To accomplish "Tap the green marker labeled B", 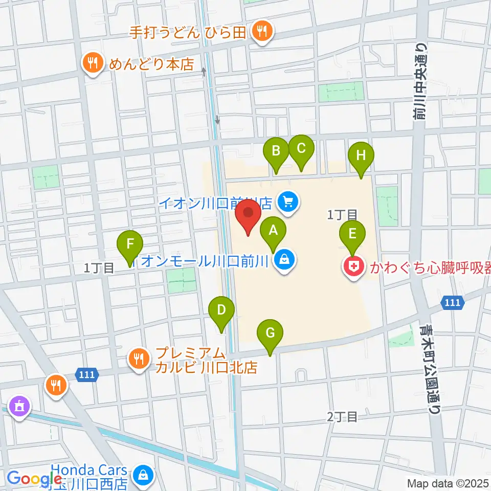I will (276, 150).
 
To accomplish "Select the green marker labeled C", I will (301, 148).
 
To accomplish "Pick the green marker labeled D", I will (221, 310).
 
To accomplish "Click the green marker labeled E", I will (352, 234).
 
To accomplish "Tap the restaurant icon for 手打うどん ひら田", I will (262, 32).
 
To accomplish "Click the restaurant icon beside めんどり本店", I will (93, 63).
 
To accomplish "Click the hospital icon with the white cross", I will (353, 266).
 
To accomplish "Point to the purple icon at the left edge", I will (20, 407).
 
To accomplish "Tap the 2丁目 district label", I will (342, 417).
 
